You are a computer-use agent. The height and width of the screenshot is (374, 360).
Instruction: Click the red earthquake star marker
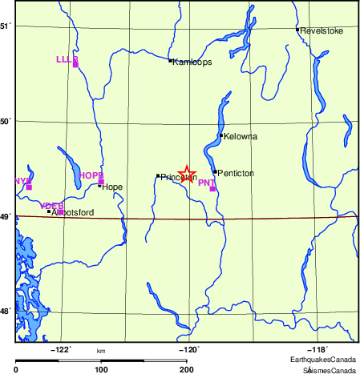coord(186,173)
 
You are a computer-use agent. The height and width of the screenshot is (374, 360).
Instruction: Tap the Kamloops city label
coord(192,62)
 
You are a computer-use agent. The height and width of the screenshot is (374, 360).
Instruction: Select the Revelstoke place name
coord(322,30)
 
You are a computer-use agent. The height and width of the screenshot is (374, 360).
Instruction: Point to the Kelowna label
coord(241,136)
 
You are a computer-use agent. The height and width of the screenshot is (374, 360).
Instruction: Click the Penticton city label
coord(237,173)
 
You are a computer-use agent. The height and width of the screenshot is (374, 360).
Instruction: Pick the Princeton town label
coord(179,177)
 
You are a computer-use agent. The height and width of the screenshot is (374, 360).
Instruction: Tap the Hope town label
coord(112,186)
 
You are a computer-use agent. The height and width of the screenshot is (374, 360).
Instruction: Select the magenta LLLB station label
coord(67,59)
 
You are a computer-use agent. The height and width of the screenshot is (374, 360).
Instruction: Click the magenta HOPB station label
coord(91,175)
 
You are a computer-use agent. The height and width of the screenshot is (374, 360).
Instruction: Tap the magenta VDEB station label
coord(51,206)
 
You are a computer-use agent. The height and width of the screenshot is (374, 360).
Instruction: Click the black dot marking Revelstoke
coord(297,30)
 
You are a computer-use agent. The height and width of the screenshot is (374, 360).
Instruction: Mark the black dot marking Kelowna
coord(221,135)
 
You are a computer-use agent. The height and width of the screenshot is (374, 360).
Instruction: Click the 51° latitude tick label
coord(6,26)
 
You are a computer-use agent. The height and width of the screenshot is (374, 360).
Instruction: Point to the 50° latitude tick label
coord(6,121)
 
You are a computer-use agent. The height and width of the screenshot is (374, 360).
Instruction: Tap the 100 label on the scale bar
coord(101,369)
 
